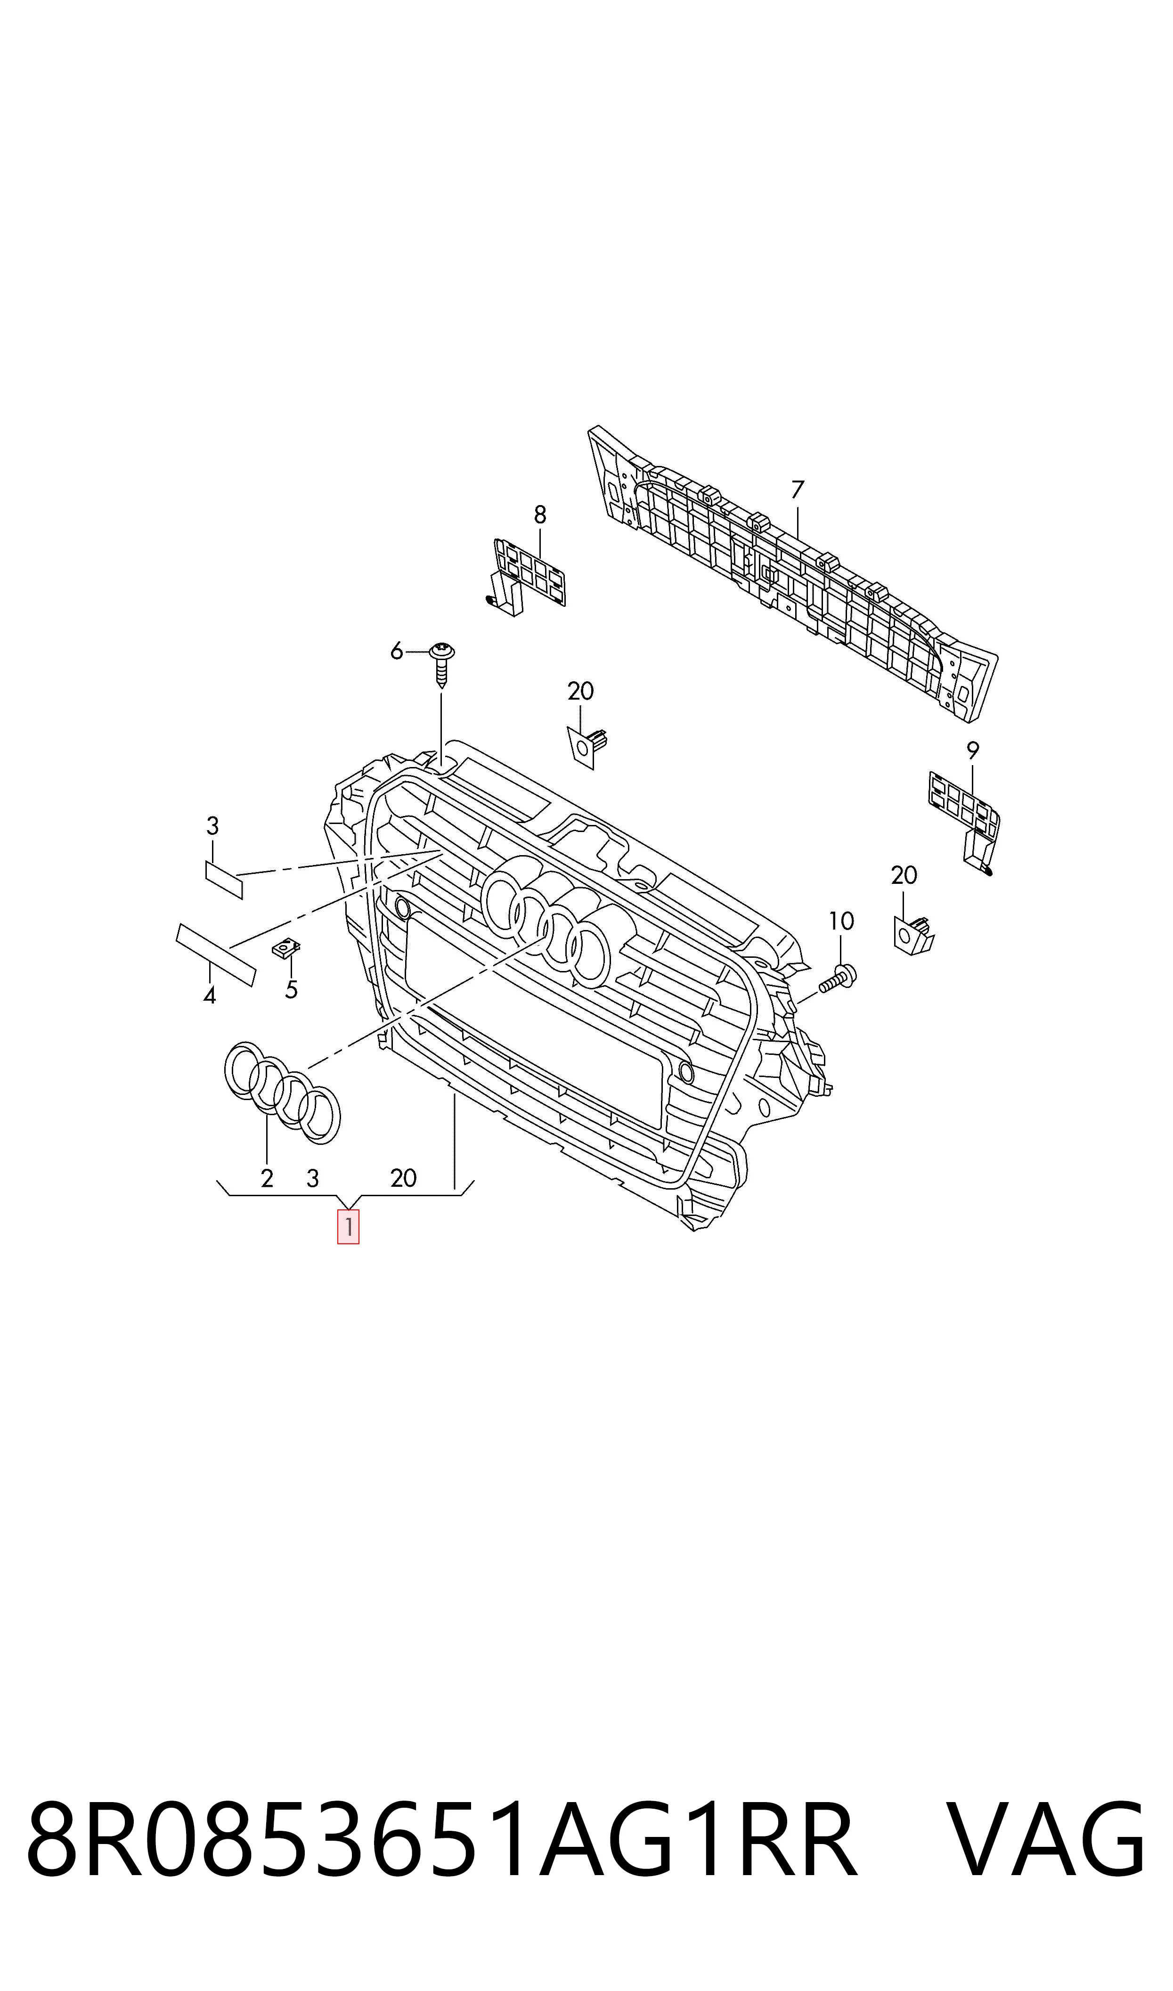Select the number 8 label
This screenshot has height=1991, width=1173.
(x=540, y=515)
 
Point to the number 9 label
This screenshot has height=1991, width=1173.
(x=973, y=750)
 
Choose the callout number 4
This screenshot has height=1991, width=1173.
(x=210, y=996)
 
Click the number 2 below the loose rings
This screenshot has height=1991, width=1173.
(x=267, y=1178)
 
